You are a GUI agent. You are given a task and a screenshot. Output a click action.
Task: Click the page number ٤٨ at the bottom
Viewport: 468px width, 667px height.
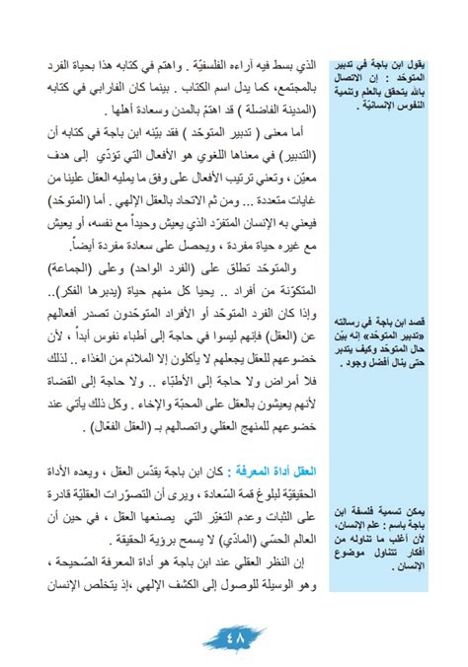[x=234, y=637]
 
